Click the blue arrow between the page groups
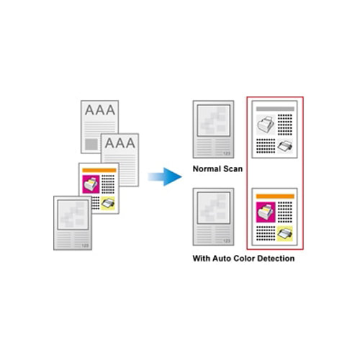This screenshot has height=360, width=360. click(165, 177)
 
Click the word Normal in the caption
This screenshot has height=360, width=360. click(207, 169)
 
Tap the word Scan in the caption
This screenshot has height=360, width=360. click(233, 169)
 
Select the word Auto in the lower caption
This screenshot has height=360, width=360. click(222, 258)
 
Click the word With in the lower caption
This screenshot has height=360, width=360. click(202, 258)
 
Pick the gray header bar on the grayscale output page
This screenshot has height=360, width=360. click(275, 109)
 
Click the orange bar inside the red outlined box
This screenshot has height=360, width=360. click(275, 197)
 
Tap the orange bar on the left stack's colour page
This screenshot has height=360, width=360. click(99, 171)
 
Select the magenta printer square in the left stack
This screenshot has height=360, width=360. click(91, 184)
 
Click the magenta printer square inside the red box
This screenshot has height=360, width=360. click(266, 212)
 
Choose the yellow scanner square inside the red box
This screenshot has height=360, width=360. click(285, 233)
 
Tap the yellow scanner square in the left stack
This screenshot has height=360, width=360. click(108, 203)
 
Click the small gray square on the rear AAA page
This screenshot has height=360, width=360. click(91, 144)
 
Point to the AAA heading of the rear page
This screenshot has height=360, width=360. click(100, 110)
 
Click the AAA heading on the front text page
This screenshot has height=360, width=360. click(120, 143)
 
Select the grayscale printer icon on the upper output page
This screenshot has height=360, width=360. click(266, 125)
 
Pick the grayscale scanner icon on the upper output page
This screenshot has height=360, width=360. click(285, 146)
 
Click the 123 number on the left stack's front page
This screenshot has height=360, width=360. click(85, 246)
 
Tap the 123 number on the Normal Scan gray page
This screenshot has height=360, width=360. click(227, 153)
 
